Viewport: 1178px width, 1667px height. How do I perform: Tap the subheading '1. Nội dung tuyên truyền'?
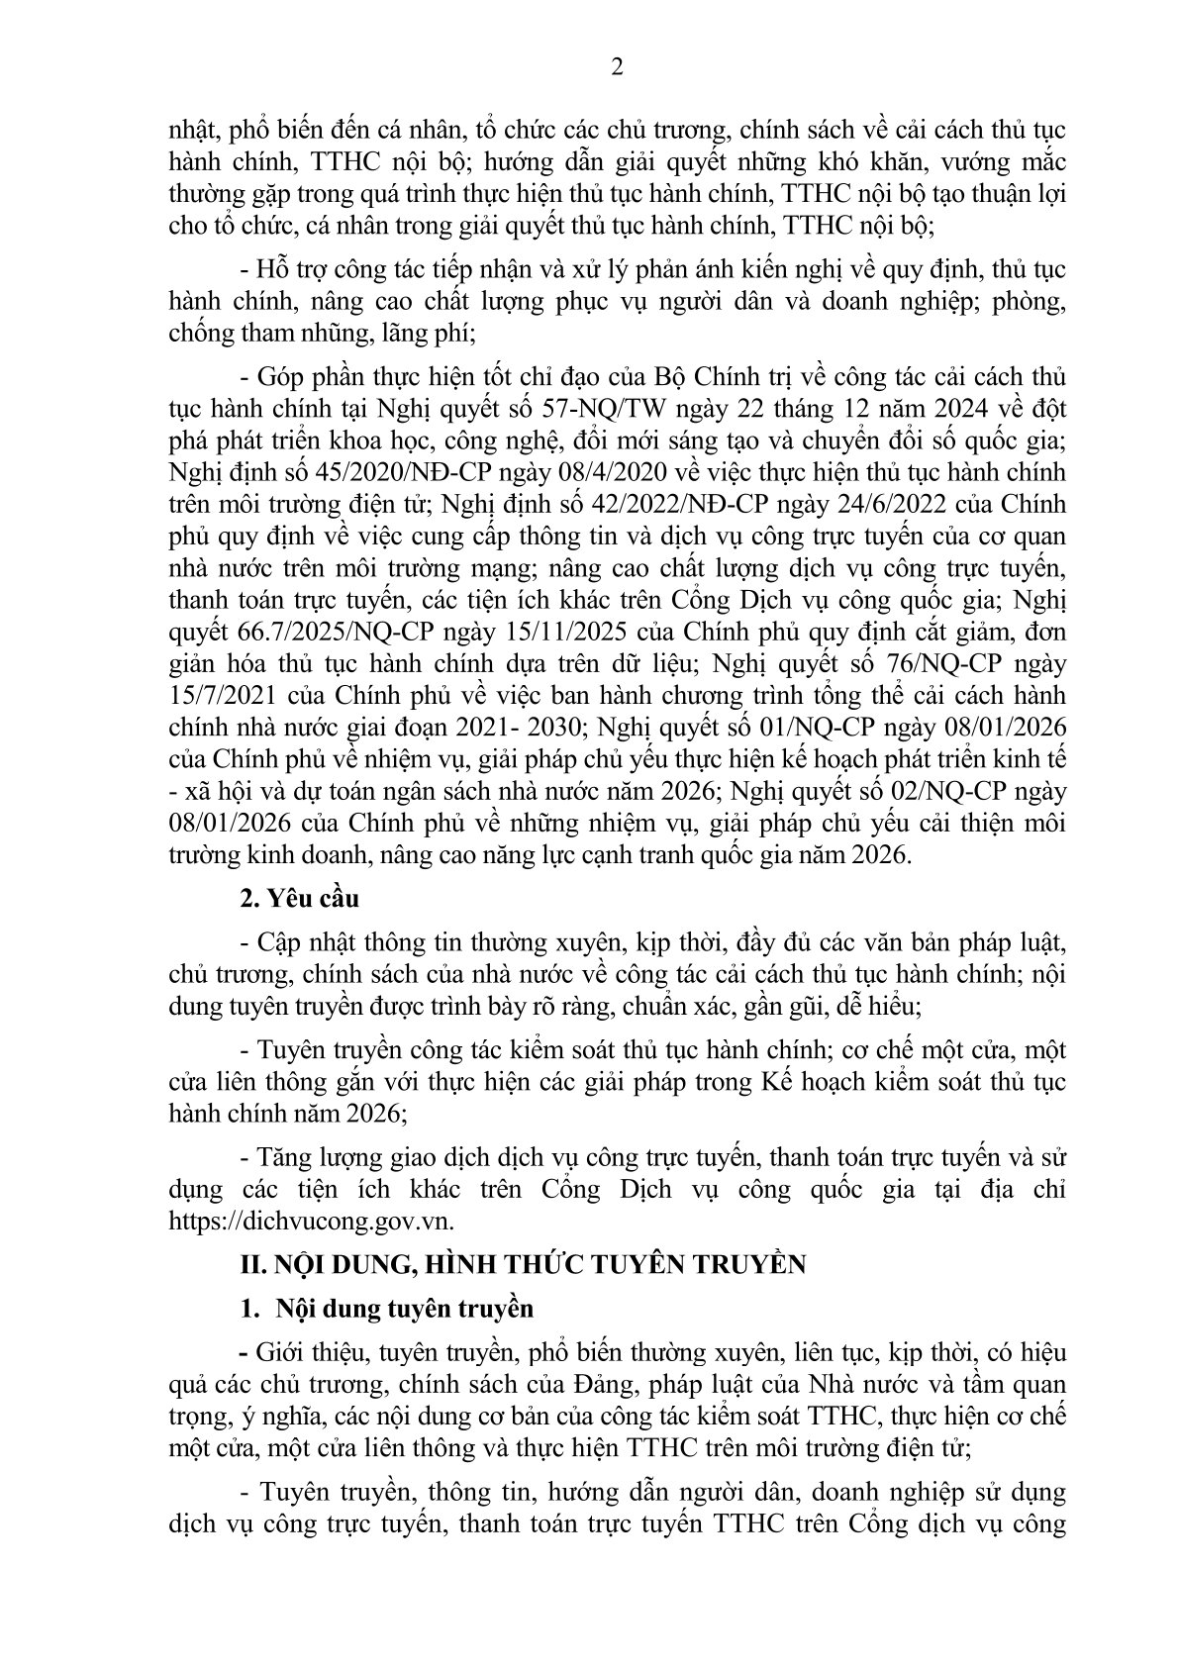(387, 1309)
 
